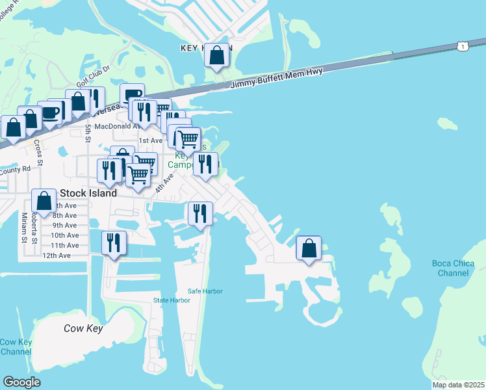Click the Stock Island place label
point(88,193)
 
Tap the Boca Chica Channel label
point(453,268)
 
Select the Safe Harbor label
point(205,291)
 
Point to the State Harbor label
point(172,300)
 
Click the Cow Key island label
point(83,328)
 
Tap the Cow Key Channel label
point(16,346)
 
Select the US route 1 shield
point(461,46)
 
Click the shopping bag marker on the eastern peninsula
point(309,249)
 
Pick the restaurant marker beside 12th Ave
point(114,244)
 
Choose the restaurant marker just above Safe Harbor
point(199,213)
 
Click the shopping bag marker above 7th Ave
point(44,201)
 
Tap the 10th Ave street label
point(64,235)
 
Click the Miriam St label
point(24,227)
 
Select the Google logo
point(21,382)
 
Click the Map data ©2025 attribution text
point(457,385)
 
